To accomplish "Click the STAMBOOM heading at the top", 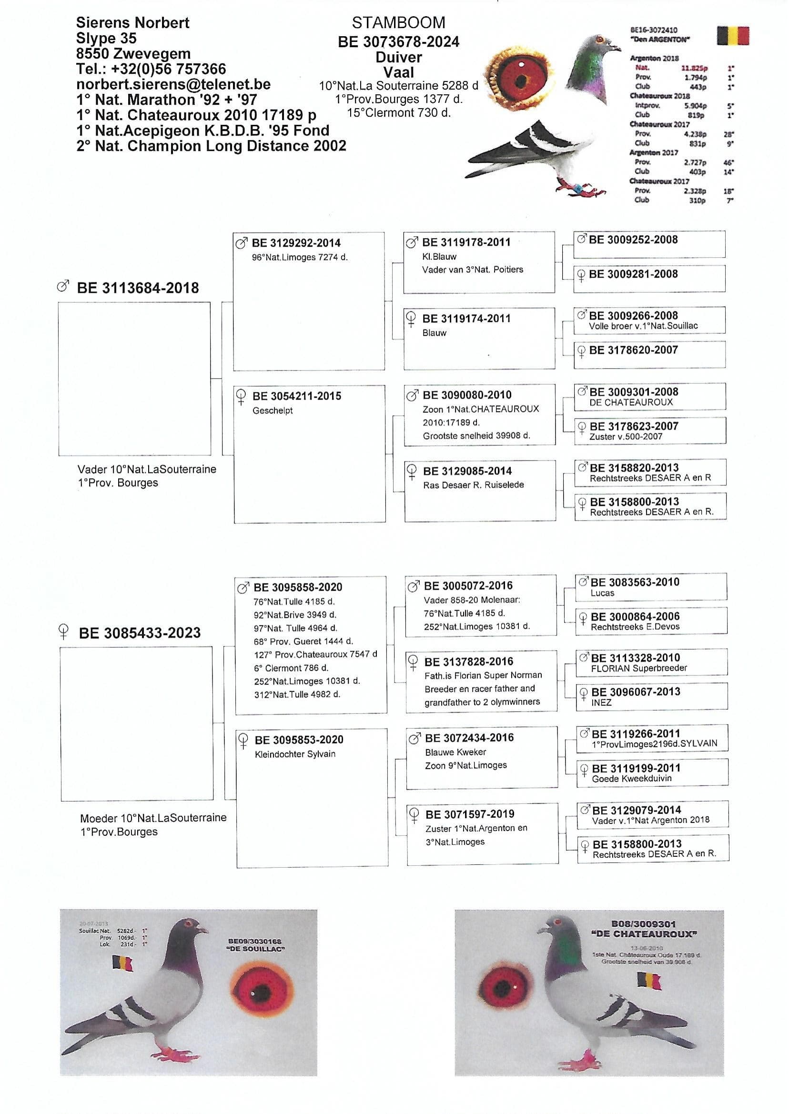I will (x=398, y=23).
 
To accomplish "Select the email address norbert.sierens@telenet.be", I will (x=173, y=84).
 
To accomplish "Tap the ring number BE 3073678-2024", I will (x=398, y=42).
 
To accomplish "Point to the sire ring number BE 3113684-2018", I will (x=138, y=288).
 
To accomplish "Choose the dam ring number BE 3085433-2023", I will (x=140, y=633).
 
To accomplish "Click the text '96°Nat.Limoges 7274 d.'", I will (x=300, y=257).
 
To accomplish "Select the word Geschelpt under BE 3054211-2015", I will (x=273, y=411).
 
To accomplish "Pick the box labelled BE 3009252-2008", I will (x=649, y=244).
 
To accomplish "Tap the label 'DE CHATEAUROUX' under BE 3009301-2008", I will (x=631, y=402).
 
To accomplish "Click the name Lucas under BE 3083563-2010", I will (x=602, y=593).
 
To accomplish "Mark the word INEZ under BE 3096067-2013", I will (x=601, y=703).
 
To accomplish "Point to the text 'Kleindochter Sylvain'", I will (x=295, y=754).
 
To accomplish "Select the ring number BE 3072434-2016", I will (x=469, y=738).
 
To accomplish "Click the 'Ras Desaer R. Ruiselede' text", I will (x=473, y=485).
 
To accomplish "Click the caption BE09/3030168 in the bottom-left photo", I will (x=254, y=941).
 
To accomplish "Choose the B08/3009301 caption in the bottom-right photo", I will (x=643, y=924).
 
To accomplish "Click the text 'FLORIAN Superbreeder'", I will (x=639, y=668).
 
